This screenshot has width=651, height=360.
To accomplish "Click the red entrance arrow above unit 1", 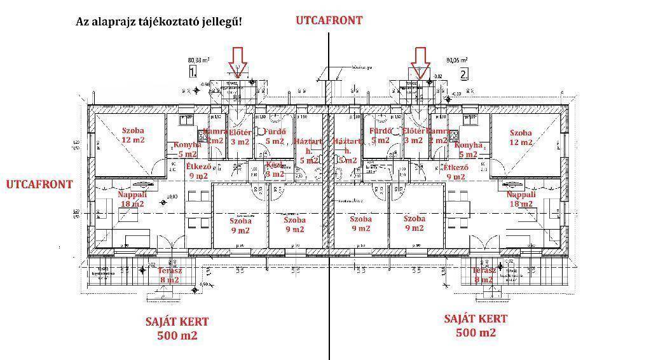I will pos(238,62).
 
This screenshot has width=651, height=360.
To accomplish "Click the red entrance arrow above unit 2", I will pos(420,62).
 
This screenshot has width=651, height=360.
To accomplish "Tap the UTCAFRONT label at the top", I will pos(329,20).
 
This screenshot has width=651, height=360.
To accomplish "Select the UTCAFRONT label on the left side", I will pos(39,184).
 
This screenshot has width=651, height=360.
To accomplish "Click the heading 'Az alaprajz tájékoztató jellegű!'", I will pos(158,22).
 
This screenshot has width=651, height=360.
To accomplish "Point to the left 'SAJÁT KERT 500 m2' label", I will pos(177,328).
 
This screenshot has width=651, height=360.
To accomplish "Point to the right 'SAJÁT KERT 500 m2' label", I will pos(476,326).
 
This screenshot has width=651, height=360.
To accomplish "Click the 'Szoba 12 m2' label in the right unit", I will pos(521,137).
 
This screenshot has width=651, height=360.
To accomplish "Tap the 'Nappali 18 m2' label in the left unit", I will pos(132,199).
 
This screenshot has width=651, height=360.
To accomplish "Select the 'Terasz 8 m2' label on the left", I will pos(170,275).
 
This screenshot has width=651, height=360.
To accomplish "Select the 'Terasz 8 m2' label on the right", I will pos(484,275).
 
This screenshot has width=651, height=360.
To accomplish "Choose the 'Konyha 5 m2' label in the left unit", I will pos(188,149).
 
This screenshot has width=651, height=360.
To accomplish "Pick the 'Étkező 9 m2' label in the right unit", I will pos(456,172).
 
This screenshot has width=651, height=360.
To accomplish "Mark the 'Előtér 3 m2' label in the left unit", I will pos(240,137).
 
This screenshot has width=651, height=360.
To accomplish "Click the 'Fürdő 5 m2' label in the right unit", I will pos(380,136).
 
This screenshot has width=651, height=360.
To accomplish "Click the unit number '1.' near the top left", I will pos(194,73).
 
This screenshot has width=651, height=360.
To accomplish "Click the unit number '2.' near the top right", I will pos(464,74).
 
